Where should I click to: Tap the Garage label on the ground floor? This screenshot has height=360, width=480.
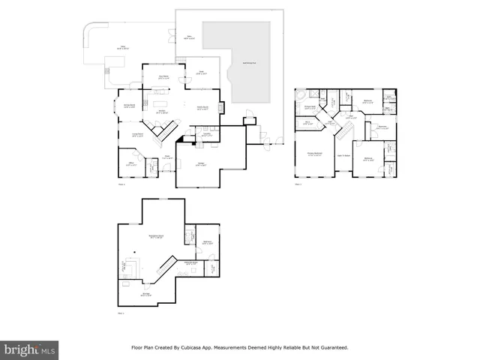201,164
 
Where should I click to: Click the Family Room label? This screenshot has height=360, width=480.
202,109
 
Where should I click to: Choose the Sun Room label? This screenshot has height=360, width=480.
163,76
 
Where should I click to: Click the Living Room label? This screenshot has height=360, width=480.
137,135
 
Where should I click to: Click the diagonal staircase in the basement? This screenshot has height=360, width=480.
166,264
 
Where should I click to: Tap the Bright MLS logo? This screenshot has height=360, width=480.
29,349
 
